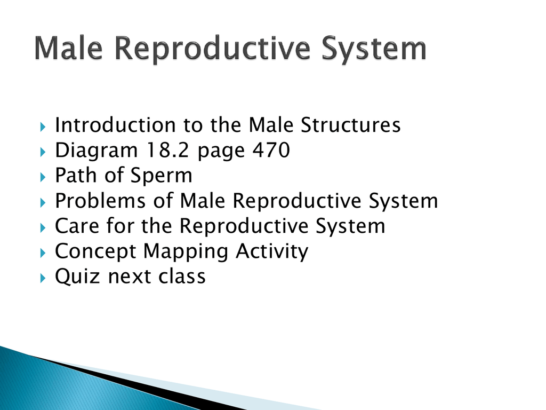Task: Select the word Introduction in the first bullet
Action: click(115, 125)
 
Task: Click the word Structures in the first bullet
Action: click(350, 125)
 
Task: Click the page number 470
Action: click(271, 150)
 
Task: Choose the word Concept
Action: click(95, 252)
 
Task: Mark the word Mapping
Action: click(186, 252)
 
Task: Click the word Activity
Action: click(272, 252)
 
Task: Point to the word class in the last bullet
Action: click(182, 276)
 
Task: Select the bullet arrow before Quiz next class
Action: click(43, 278)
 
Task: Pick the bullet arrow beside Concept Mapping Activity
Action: click(43, 253)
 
